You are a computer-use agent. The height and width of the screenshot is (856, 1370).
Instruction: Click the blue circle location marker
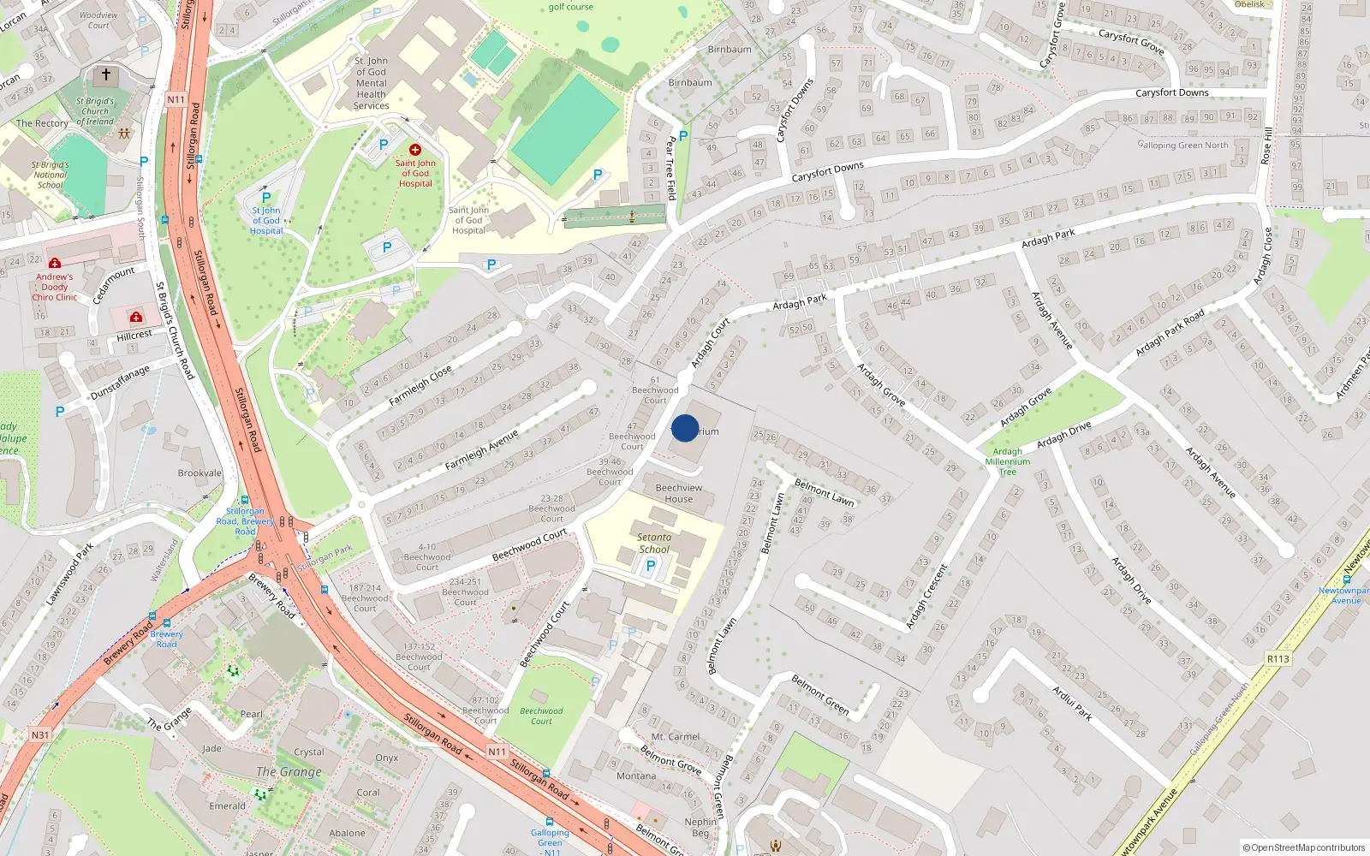point(685,428)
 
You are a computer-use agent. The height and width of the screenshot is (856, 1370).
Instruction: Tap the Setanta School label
point(654,544)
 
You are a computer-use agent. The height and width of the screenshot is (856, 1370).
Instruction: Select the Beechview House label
point(678,493)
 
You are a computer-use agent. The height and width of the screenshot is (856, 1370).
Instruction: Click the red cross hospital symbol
point(415,150)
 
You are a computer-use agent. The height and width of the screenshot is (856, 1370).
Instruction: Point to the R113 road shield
point(1278,658)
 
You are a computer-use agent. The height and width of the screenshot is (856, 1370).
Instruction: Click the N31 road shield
point(40,734)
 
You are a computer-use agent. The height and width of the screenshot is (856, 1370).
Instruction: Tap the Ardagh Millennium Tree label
point(1008,461)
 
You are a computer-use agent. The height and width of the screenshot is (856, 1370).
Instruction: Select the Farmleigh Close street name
point(420,386)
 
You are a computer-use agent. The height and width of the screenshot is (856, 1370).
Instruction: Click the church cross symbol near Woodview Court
point(106,75)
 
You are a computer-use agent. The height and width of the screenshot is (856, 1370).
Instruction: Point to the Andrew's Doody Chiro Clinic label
point(55,287)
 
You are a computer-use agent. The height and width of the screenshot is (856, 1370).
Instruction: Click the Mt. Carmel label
point(676,736)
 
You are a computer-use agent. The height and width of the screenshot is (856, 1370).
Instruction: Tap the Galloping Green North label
point(1182,145)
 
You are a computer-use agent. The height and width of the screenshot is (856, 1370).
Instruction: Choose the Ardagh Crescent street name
point(926,596)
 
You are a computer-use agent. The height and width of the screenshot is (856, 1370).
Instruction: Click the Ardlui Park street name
point(1072,703)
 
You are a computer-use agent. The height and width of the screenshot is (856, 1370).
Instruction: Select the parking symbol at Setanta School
point(651,565)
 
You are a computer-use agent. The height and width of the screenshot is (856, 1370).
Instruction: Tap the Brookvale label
point(200,473)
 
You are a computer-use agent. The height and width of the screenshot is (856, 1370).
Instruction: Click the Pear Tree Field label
point(671,168)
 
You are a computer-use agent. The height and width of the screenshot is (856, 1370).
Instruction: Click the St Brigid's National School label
point(51,175)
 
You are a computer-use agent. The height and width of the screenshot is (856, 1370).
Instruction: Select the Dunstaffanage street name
point(120,383)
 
